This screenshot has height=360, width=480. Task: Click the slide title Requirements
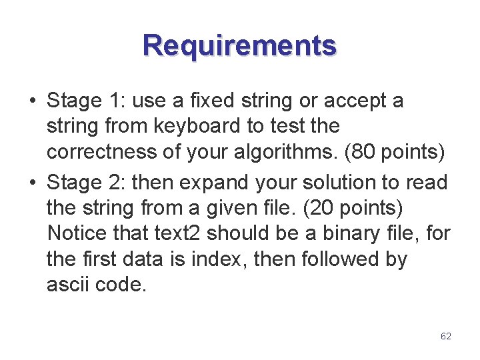pyautogui.click(x=239, y=46)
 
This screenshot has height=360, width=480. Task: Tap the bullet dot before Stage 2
pyautogui.click(x=32, y=182)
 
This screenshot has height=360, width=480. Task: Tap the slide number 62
pyautogui.click(x=446, y=337)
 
